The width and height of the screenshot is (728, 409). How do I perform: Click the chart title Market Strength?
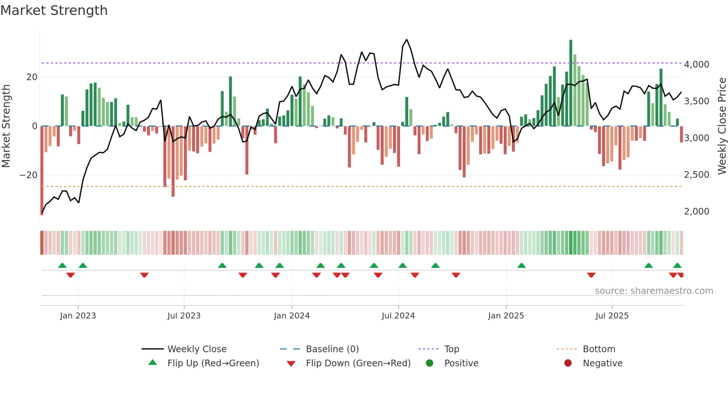pos(54,10)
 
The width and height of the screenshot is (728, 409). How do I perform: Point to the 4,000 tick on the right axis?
pos(696,65)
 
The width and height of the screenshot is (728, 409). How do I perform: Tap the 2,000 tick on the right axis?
pos(696,212)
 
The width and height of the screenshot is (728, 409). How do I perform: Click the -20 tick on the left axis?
pos(29,175)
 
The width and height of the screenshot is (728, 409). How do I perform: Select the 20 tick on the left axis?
pos(32,77)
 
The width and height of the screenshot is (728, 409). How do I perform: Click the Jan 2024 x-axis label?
pos(292,316)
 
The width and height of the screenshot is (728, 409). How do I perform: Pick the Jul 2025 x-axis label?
pos(612,316)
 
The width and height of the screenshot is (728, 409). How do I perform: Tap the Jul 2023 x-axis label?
pos(184,316)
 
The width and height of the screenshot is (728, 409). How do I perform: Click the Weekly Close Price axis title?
pos(722,126)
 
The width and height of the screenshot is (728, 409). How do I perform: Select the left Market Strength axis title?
pos(6,126)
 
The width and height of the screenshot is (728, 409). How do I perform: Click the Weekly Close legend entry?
pos(196,349)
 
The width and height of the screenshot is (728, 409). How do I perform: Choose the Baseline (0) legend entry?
pos(332,349)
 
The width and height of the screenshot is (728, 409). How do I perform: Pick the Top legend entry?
pos(451,349)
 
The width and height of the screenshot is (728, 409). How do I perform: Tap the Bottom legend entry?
pos(599,349)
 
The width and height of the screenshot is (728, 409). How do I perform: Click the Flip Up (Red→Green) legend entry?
pos(213,363)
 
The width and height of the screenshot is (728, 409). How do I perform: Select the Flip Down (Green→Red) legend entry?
pos(358,363)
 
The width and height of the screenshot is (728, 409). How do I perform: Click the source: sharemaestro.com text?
pos(654,291)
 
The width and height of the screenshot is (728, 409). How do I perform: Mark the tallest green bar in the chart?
pos(571,82)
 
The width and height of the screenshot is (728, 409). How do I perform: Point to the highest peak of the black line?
pos(407,40)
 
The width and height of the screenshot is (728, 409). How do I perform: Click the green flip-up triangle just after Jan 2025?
pos(521,266)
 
